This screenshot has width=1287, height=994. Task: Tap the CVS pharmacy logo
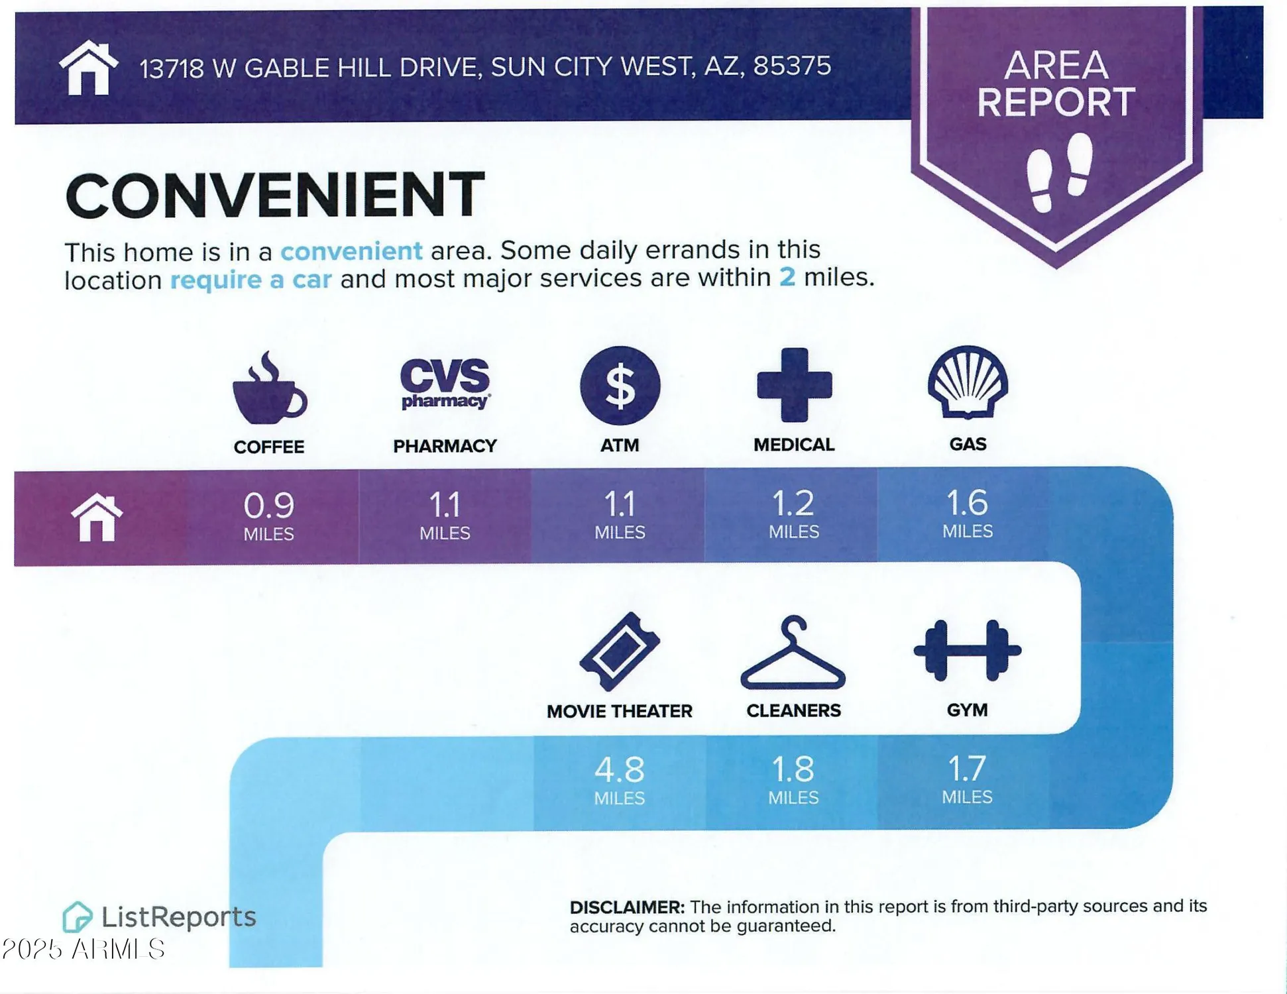[x=445, y=384]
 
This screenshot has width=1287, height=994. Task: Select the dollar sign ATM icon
[x=620, y=385]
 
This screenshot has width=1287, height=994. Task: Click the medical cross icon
[x=794, y=384]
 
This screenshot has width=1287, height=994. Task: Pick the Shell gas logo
[x=968, y=382]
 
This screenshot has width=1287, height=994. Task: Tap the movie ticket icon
[x=620, y=651]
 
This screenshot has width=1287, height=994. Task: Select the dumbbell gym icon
[x=968, y=651]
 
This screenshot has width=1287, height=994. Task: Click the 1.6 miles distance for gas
[x=968, y=503]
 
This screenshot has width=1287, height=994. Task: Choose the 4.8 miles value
[x=620, y=770]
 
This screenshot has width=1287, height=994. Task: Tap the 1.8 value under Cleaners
[x=793, y=769]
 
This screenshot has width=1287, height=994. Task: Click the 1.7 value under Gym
[x=967, y=769]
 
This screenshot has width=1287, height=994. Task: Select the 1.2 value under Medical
[x=793, y=504]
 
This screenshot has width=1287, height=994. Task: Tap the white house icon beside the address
[x=89, y=68]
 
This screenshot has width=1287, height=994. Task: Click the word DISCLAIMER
[x=627, y=907]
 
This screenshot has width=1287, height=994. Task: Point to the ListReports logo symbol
[x=77, y=917]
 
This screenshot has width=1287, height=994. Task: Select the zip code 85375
[x=792, y=66]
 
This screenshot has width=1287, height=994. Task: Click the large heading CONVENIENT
[x=275, y=194]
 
